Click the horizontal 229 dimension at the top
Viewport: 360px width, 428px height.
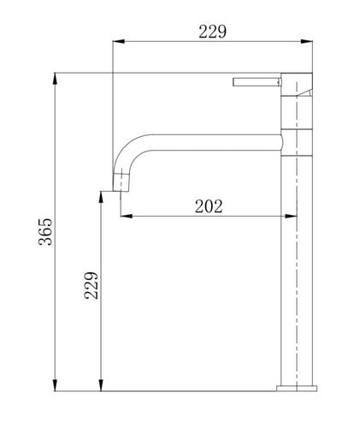pos(212,32)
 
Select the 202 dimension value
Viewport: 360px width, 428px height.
pos(209,206)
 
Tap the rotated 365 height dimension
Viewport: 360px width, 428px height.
pos(45,232)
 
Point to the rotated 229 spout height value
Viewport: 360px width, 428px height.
pos(91,285)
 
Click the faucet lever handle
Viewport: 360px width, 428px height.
pos(256,82)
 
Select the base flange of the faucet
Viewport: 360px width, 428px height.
pos(297,388)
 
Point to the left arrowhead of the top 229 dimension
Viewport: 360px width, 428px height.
pos(119,41)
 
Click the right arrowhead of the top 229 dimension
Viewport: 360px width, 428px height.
pos(307,41)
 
